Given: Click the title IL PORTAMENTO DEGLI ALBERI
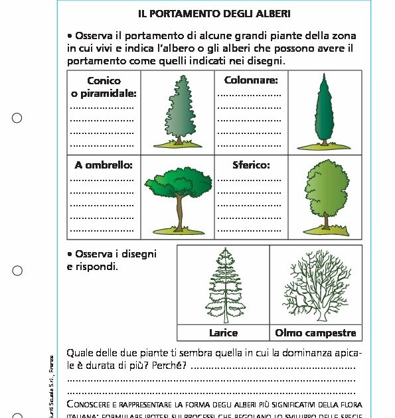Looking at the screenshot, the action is [x=214, y=13].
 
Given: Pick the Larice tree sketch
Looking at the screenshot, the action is [x=222, y=285].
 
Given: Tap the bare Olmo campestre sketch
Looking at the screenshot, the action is [x=315, y=285].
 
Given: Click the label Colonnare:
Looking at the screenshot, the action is [x=251, y=81].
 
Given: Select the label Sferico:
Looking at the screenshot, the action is [x=251, y=165].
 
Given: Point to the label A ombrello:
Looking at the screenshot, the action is [x=104, y=165].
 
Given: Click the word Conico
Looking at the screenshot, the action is [x=104, y=81].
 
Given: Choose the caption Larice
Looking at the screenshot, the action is [x=223, y=332].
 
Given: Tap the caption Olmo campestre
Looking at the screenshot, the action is [x=315, y=332].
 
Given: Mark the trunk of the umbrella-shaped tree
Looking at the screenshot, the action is [x=179, y=213].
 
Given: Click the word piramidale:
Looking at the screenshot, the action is [x=104, y=94].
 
